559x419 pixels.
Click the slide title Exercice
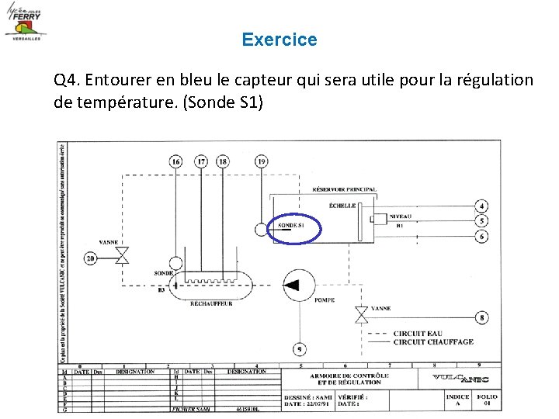point(279,40)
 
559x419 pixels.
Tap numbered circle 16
point(176,161)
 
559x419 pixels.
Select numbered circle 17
point(201,161)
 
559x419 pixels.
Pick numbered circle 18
point(224,161)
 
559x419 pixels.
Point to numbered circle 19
point(262,161)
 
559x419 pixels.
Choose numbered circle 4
point(482,206)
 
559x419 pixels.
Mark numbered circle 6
point(482,235)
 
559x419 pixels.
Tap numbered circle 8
point(482,317)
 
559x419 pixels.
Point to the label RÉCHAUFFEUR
point(211,304)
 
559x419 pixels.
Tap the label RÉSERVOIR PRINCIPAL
point(344,189)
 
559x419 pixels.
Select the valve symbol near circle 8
point(361,315)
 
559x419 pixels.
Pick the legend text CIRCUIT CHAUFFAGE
point(432,341)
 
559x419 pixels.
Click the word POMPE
point(325,300)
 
